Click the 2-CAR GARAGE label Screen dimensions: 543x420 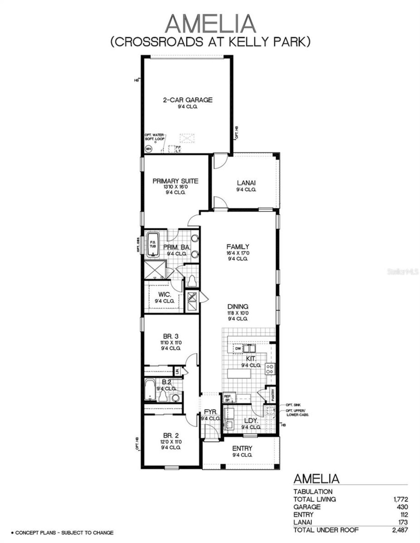click(188, 100)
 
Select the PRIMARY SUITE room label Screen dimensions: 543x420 click(175, 181)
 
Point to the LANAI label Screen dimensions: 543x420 click(246, 183)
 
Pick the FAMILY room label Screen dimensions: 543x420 click(238, 247)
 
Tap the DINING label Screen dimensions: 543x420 click(238, 307)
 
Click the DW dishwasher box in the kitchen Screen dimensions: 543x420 click(238, 348)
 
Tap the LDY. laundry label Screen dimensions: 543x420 click(251, 421)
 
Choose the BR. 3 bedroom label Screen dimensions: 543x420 click(171, 336)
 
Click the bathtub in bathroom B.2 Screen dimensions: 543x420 click(150, 390)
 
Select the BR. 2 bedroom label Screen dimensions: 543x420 click(171, 436)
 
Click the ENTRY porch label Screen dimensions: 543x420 click(242, 448)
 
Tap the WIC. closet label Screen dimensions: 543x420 click(164, 295)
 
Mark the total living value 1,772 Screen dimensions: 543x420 click(400, 499)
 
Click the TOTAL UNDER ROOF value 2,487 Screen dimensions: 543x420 click(400, 530)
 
